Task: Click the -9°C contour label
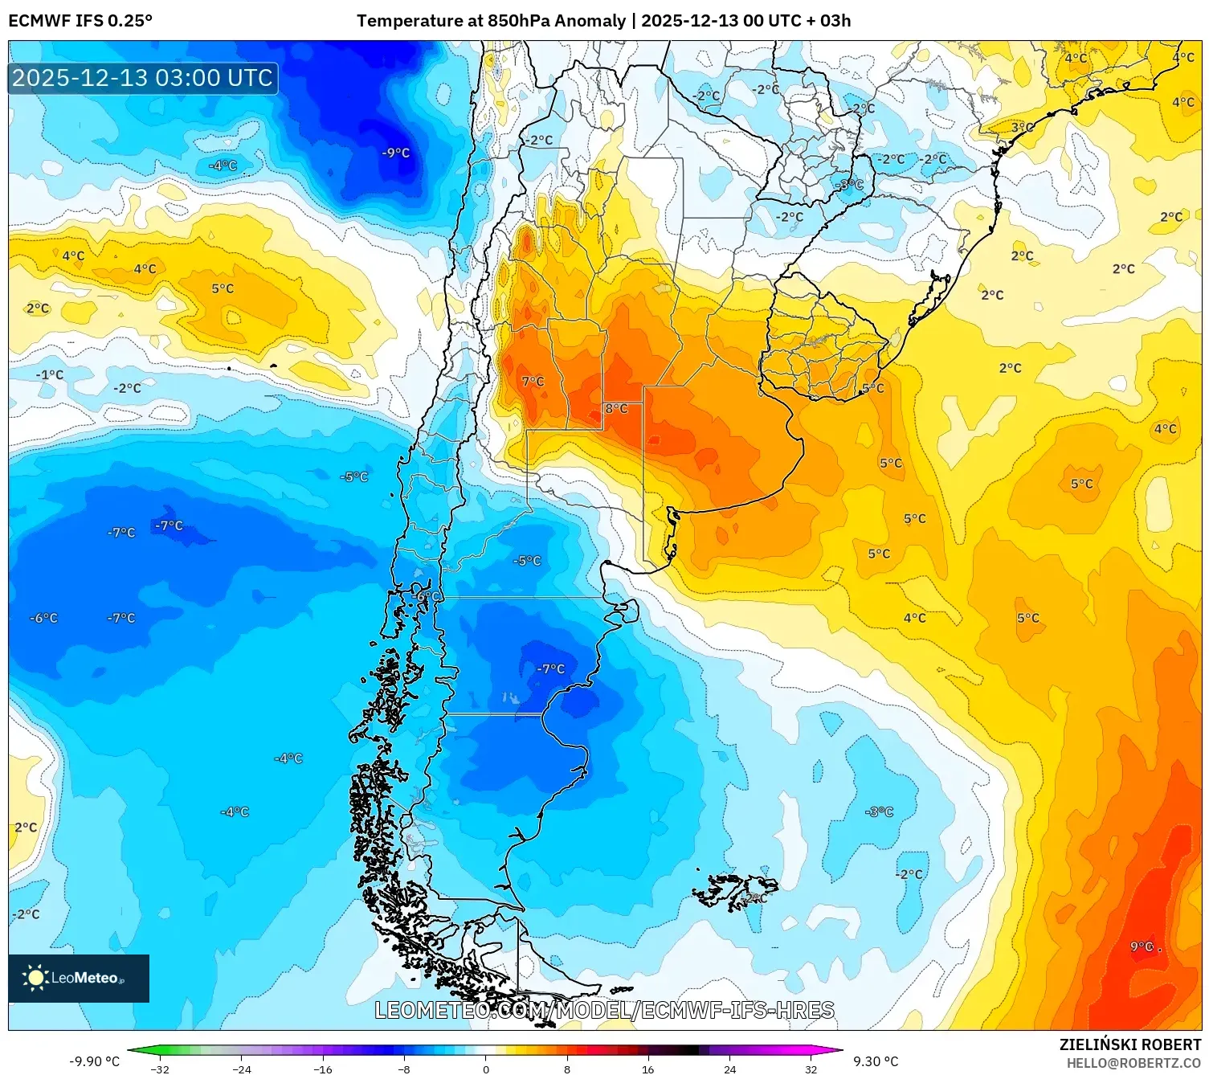pyautogui.click(x=396, y=153)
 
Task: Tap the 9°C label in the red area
pyautogui.click(x=1142, y=946)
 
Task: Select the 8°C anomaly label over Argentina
pyautogui.click(x=616, y=409)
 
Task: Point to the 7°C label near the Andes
pyautogui.click(x=533, y=382)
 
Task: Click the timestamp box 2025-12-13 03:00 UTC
pyautogui.click(x=143, y=78)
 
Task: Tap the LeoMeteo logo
pyautogui.click(x=79, y=978)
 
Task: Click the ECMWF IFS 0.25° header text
pyautogui.click(x=80, y=21)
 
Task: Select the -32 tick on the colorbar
pyautogui.click(x=161, y=1069)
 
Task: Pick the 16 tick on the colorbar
pyautogui.click(x=647, y=1069)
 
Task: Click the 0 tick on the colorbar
pyautogui.click(x=485, y=1069)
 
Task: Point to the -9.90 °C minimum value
pyautogui.click(x=95, y=1061)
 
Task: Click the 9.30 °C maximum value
pyautogui.click(x=876, y=1061)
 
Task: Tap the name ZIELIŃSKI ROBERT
pyautogui.click(x=1130, y=1044)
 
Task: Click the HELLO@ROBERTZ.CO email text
pyautogui.click(x=1133, y=1063)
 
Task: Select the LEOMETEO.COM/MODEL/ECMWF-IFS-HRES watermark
pyautogui.click(x=604, y=1010)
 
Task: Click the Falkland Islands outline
pyautogui.click(x=735, y=892)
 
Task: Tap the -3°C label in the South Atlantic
pyautogui.click(x=880, y=811)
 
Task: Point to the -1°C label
pyautogui.click(x=50, y=374)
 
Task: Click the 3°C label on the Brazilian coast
pyautogui.click(x=1022, y=127)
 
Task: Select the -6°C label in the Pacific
pyautogui.click(x=44, y=618)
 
